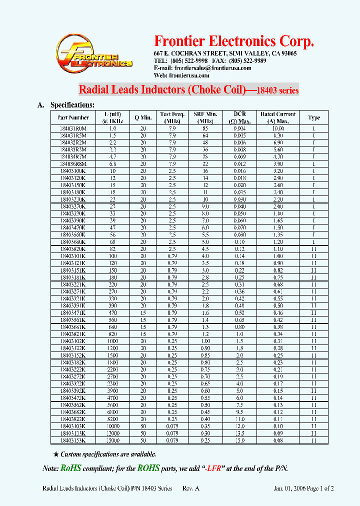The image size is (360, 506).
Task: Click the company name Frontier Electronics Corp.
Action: point(234,41)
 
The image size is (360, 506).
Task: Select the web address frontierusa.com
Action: point(189,75)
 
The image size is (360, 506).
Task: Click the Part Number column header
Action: point(73,117)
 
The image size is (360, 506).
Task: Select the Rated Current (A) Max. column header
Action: point(278,117)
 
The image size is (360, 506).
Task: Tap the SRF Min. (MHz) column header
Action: point(205,117)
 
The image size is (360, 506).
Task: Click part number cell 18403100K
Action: point(73,170)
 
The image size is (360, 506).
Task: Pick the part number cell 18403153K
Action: point(73,440)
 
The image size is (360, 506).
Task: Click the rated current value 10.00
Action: point(278,128)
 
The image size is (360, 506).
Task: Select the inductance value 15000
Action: point(112,440)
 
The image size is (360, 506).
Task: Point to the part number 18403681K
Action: point(73,327)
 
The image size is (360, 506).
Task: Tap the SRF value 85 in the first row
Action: point(205,128)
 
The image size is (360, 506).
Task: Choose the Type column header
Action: point(313,117)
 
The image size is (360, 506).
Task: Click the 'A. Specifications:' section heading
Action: point(65,105)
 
